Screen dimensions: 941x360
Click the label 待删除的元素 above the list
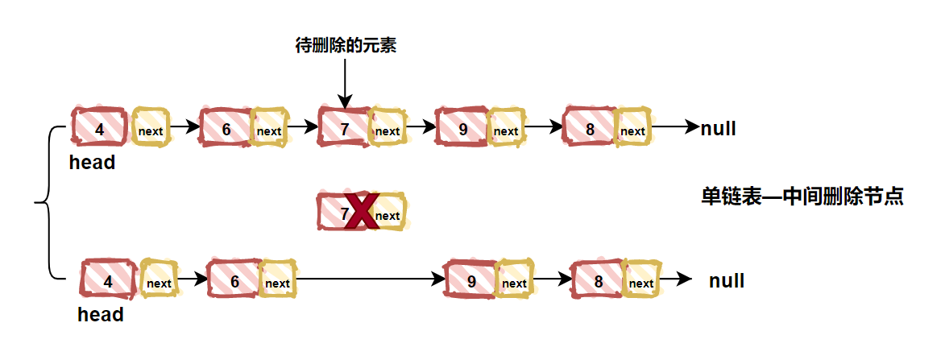tap(346, 46)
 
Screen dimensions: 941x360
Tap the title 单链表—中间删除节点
tap(802, 197)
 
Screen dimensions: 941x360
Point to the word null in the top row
tap(719, 128)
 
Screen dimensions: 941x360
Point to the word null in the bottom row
tap(727, 281)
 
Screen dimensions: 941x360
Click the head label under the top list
tap(93, 162)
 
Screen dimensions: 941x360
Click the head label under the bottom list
tap(101, 314)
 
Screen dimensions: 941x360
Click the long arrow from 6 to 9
tap(371, 279)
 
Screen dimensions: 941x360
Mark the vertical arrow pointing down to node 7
tap(345, 84)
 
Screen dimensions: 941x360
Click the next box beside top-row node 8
tap(633, 126)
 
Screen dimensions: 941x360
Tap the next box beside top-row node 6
tap(269, 126)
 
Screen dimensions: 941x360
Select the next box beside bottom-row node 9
tap(514, 279)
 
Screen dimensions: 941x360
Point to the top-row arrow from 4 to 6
tap(184, 126)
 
